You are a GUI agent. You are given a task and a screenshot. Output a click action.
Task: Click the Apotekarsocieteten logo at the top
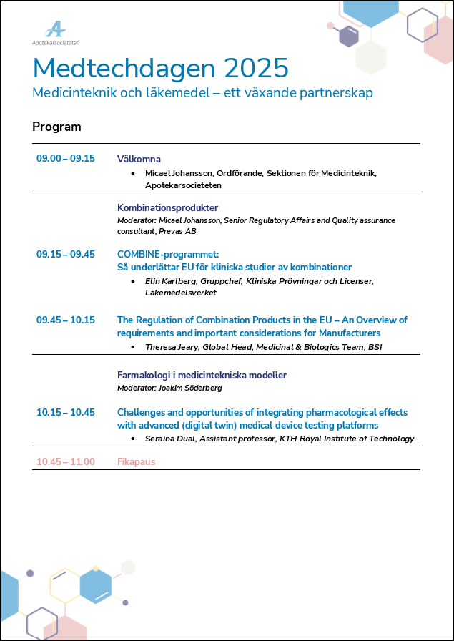click(x=56, y=34)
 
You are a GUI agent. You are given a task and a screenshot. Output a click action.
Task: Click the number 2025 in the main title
click(x=256, y=69)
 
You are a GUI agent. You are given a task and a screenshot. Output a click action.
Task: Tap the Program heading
click(x=56, y=127)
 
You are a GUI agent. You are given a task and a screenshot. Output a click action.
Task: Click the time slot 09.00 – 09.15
click(x=66, y=159)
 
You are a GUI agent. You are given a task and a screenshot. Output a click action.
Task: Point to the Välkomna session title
click(x=139, y=159)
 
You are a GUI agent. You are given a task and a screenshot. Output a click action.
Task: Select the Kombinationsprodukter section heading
click(x=167, y=207)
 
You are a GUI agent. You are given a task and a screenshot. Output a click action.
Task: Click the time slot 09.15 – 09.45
click(x=66, y=254)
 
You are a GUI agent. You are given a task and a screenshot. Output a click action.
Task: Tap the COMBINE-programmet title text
click(x=168, y=254)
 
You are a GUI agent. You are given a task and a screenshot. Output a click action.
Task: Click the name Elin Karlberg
click(x=171, y=281)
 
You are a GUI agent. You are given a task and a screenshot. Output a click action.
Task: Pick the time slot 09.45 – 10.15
click(x=66, y=320)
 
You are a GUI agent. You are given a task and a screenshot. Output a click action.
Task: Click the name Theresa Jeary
click(x=172, y=346)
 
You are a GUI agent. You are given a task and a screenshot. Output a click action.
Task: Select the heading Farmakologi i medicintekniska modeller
click(x=202, y=375)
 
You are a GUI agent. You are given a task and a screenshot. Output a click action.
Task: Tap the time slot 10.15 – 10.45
click(x=66, y=412)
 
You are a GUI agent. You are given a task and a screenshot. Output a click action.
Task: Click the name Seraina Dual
click(x=171, y=439)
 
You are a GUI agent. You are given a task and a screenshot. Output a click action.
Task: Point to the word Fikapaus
click(x=136, y=461)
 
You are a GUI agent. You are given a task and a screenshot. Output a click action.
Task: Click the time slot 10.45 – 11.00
click(x=66, y=461)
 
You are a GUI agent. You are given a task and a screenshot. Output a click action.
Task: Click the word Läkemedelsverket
click(x=181, y=293)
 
